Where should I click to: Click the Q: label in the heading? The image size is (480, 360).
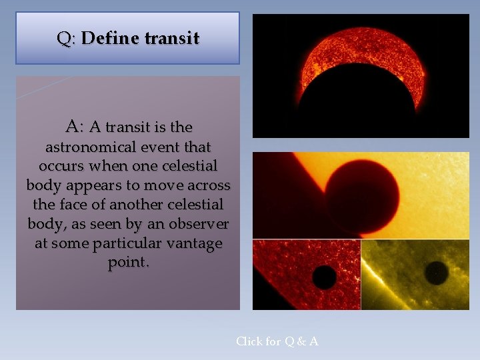pyautogui.click(x=66, y=39)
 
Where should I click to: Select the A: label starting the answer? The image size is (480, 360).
pyautogui.click(x=75, y=126)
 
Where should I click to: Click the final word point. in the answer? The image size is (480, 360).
pyautogui.click(x=129, y=263)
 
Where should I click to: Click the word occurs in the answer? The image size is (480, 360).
pyautogui.click(x=61, y=165)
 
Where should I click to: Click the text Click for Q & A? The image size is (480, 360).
pyautogui.click(x=277, y=341)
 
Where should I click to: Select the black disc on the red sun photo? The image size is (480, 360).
pyautogui.click(x=324, y=276)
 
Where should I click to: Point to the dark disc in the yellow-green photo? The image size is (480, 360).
pyautogui.click(x=437, y=272)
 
